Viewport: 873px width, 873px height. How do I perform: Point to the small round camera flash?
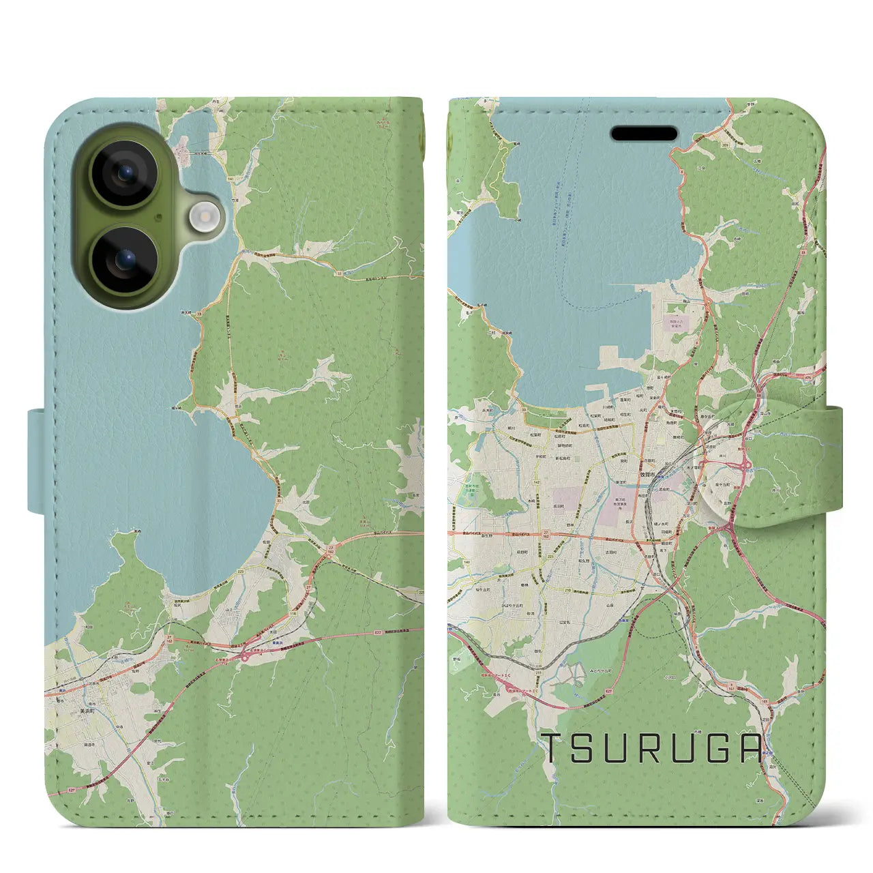click(x=203, y=218)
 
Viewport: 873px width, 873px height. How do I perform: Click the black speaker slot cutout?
click(x=644, y=133)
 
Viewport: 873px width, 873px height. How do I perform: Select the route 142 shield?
click(x=537, y=482)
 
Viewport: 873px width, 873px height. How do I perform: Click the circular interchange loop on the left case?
click(x=244, y=655)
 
